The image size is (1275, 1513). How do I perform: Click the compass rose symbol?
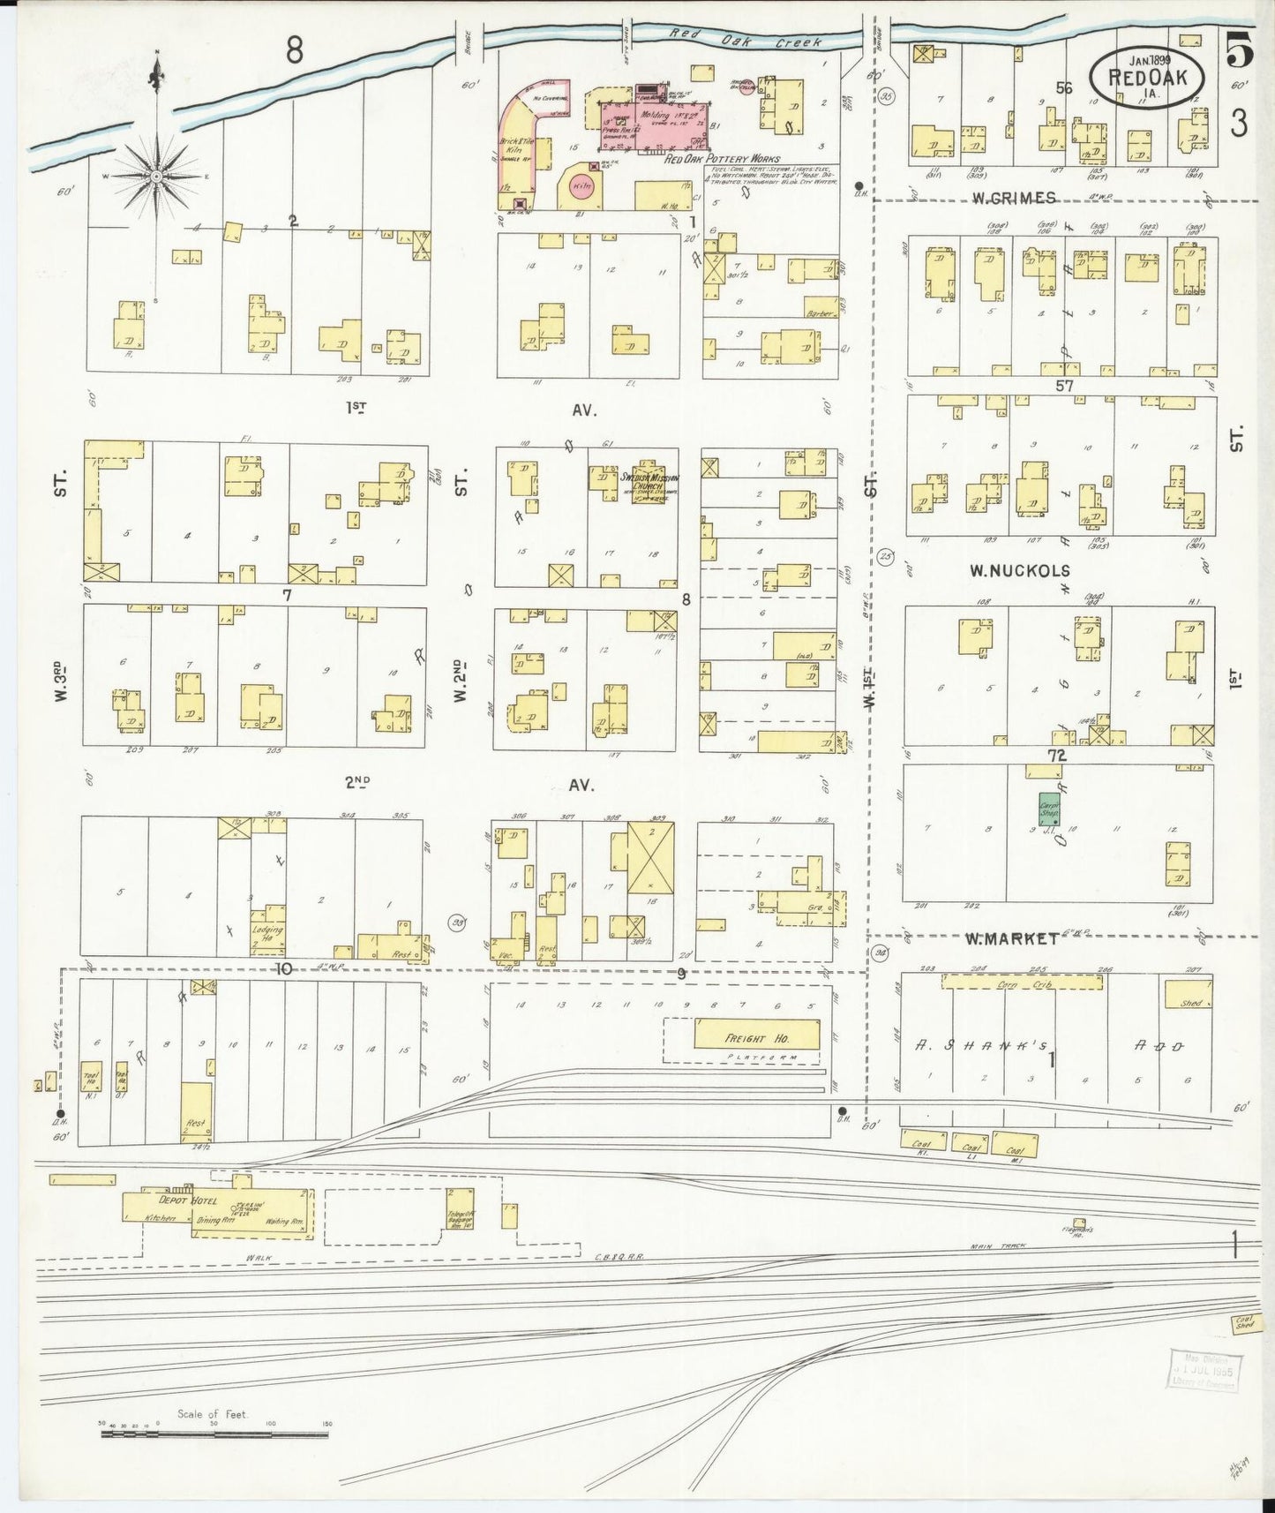tap(156, 177)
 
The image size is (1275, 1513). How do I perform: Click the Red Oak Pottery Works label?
tap(723, 159)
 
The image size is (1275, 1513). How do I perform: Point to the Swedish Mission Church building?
tap(649, 480)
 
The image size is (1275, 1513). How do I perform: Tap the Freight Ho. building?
tap(757, 1036)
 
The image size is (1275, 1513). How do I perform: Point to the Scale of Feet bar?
tap(214, 1434)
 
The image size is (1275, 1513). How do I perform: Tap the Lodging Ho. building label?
tap(266, 932)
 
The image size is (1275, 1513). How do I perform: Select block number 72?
tap(1056, 756)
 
